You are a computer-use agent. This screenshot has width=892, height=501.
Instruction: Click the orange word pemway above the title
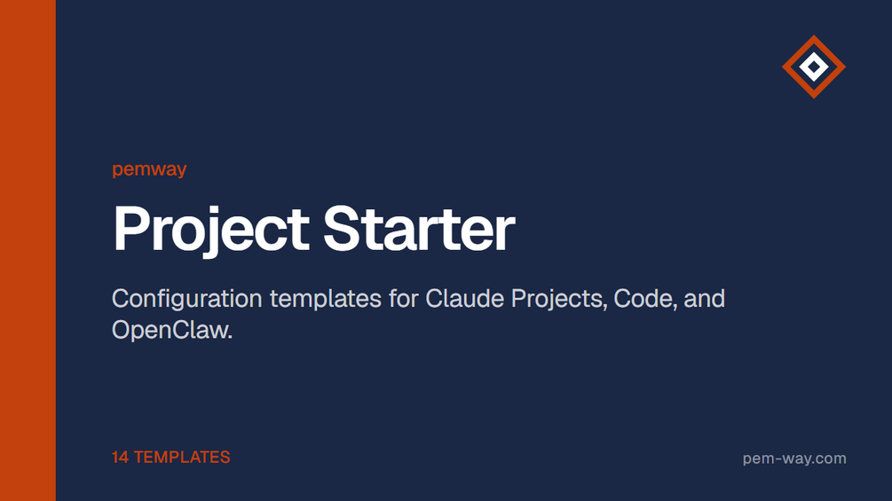pos(149,169)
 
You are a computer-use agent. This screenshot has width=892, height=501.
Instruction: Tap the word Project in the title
pos(211,230)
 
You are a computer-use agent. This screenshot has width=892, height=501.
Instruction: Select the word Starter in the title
pos(419,229)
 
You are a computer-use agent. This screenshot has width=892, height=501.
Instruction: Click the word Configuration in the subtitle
pos(187,300)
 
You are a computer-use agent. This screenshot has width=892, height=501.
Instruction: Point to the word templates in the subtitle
pos(326,300)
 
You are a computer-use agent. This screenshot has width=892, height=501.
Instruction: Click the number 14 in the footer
pos(120,458)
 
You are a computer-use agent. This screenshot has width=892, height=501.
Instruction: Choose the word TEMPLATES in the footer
pos(182,458)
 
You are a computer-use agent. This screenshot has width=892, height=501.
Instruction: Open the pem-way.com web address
pos(794,458)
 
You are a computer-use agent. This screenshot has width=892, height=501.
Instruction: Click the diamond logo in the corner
pos(814,67)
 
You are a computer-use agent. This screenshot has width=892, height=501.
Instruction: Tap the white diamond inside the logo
pos(814,67)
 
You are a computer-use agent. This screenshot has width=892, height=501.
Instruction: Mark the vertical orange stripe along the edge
pos(28,250)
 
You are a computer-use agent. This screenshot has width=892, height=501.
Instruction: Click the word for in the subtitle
pos(403,299)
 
